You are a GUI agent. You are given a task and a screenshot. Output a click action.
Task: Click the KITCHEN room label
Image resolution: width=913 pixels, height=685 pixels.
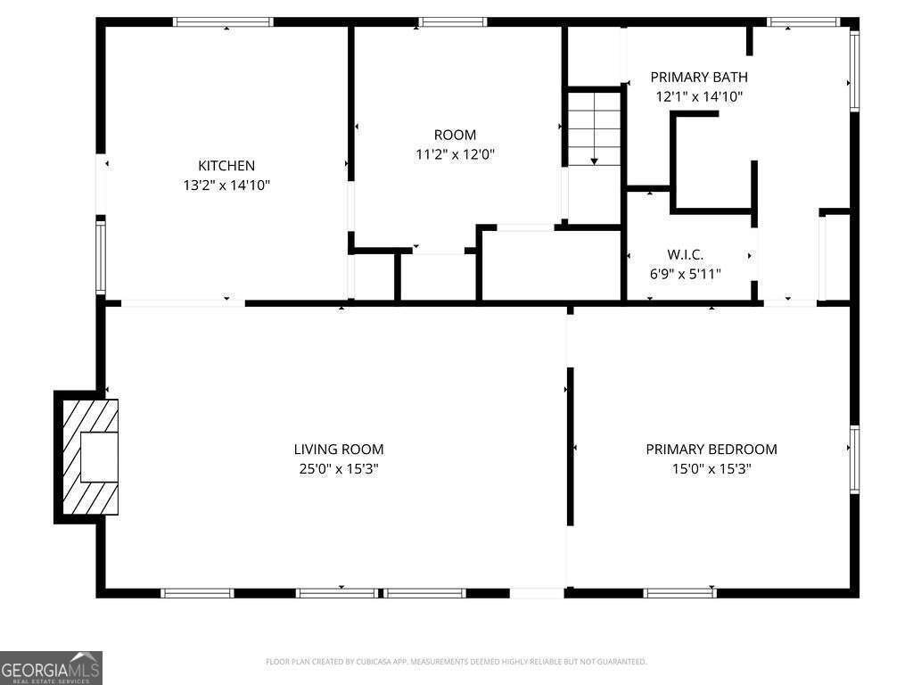226,165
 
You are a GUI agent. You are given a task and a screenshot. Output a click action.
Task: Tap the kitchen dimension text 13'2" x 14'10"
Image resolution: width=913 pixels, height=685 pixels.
226,186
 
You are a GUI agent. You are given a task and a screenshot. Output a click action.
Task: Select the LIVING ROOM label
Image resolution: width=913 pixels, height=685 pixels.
338,450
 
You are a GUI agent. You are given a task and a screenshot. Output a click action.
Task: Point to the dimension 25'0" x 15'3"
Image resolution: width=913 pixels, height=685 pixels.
338,469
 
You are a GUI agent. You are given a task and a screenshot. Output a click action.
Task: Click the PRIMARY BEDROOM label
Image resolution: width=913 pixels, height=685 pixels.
711,450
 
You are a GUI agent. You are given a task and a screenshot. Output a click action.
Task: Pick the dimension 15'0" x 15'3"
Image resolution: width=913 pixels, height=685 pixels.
711,469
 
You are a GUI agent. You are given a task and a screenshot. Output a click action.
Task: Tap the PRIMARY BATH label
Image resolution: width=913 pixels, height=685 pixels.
699,77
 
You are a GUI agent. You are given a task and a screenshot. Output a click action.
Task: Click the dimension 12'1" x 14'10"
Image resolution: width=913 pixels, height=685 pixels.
699,96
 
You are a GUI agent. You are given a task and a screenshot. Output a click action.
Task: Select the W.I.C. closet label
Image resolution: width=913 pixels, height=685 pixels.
685,254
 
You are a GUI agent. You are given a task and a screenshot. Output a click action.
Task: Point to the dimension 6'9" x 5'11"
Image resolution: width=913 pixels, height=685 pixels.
685,274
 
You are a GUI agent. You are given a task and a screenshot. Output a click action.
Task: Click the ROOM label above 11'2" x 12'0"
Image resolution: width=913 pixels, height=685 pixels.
455,135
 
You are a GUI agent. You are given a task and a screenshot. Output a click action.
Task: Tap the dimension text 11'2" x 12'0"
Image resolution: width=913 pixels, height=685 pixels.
455,154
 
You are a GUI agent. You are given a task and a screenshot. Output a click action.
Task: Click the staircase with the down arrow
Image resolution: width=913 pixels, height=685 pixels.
594,128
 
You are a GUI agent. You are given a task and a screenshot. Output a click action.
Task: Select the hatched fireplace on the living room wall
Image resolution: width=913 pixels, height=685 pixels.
90,457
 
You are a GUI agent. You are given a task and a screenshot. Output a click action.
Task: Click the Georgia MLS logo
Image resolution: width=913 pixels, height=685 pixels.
51,667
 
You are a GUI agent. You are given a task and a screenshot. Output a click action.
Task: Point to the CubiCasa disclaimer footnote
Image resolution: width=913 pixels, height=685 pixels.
456,662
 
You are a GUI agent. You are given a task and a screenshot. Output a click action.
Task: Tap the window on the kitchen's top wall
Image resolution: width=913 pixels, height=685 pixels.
223,22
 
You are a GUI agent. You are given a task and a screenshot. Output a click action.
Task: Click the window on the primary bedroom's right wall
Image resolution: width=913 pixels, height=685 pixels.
854,459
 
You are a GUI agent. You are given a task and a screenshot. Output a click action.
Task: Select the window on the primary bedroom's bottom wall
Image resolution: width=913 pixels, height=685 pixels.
680,593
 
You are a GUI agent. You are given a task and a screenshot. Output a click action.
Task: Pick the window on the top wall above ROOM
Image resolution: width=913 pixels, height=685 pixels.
452,22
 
